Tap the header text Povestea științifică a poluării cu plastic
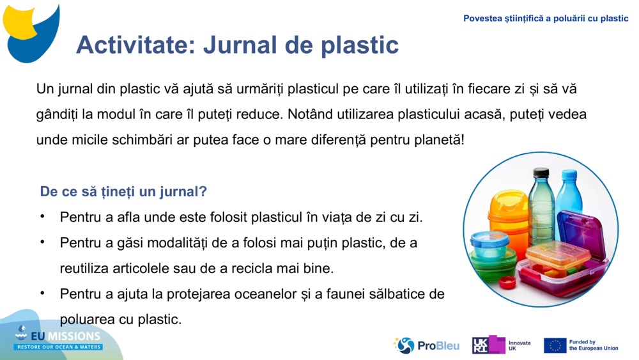coord(546,19)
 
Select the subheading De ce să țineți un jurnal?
coord(123,191)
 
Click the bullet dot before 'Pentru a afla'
coord(42,216)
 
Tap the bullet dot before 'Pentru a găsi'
coord(42,242)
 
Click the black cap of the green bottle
coord(541,172)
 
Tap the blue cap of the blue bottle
coord(569,174)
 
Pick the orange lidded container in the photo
coord(508,214)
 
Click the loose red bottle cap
coord(508,282)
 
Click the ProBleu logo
coord(426,345)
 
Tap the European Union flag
coord(555,345)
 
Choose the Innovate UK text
coord(519,345)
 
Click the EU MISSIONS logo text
coord(59,337)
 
